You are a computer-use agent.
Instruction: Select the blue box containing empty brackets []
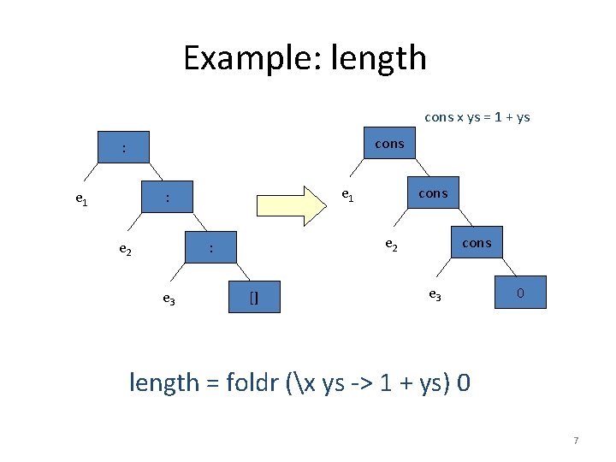[x=254, y=297]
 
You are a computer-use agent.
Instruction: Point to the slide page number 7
[x=576, y=441]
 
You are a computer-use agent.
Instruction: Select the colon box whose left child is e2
[x=168, y=198]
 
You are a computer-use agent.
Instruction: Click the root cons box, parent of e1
[x=389, y=144]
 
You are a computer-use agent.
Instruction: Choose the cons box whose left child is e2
[x=433, y=193]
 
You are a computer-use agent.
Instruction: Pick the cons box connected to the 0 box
[x=477, y=243]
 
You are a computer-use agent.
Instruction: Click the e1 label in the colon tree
[x=81, y=199]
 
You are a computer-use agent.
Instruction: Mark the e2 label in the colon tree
[x=125, y=250]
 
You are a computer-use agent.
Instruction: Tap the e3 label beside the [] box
[x=169, y=299]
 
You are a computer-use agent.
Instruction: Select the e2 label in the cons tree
[x=391, y=245]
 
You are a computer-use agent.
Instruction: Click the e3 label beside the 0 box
[x=434, y=294]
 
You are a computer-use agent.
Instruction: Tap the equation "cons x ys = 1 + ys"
[x=477, y=116]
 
